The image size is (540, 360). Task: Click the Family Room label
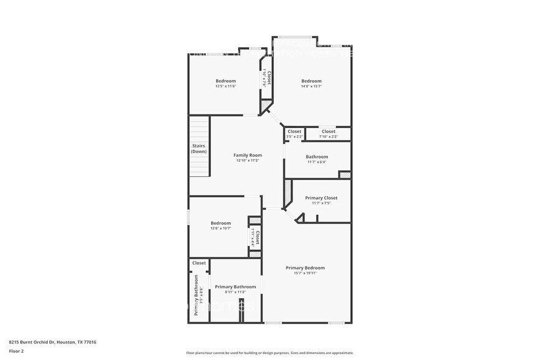[x=247, y=155]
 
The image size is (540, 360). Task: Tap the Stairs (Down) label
[x=198, y=148]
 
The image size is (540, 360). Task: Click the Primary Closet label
[x=321, y=198]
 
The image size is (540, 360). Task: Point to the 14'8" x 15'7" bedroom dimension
[x=311, y=86]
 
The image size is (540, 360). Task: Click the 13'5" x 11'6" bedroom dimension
[x=225, y=86]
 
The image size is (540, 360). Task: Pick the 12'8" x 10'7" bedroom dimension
[x=221, y=228]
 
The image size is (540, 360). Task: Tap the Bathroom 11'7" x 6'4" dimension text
[x=317, y=162]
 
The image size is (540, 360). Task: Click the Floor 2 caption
[x=16, y=351]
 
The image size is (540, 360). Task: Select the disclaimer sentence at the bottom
[x=270, y=353]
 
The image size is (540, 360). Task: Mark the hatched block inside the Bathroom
[x=345, y=175]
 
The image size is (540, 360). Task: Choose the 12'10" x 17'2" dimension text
[x=247, y=160]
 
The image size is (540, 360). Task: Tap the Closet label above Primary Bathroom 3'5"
[x=199, y=263]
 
